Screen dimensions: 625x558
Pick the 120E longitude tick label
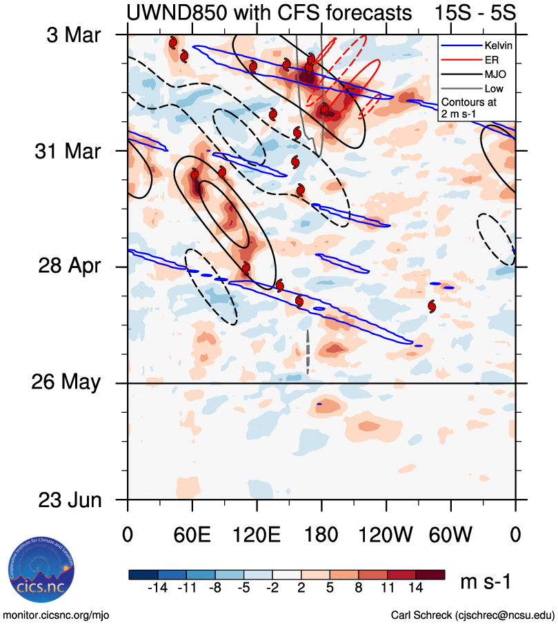[257, 535]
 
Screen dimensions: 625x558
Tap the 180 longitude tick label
[321, 535]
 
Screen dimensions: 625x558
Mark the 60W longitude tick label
[450, 535]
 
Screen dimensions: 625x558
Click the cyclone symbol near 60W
[432, 306]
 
